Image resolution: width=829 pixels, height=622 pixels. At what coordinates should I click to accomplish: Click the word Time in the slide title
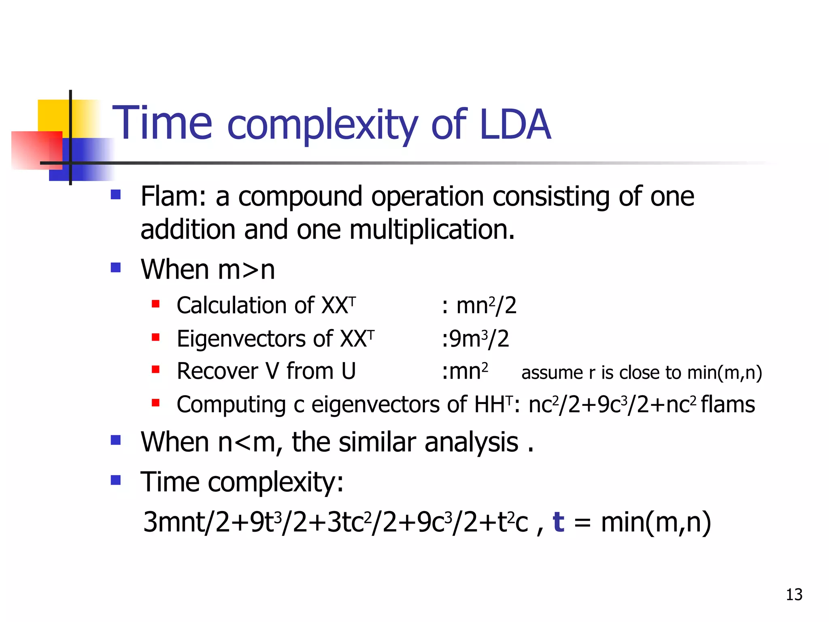pyautogui.click(x=162, y=123)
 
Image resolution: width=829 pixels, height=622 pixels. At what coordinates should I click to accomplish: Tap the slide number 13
pyautogui.click(x=794, y=594)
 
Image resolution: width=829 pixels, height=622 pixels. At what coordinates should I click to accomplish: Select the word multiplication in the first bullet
pyautogui.click(x=432, y=230)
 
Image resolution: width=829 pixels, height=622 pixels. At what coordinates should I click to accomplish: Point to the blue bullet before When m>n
pyautogui.click(x=116, y=268)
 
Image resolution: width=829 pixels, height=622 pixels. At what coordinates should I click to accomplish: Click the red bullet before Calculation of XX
pyautogui.click(x=155, y=304)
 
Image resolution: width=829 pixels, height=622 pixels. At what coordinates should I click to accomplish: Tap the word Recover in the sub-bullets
pyautogui.click(x=217, y=371)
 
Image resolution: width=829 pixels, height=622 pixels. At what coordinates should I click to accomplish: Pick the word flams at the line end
pyautogui.click(x=727, y=405)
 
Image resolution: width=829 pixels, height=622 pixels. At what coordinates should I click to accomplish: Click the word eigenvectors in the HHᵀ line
pyautogui.click(x=375, y=405)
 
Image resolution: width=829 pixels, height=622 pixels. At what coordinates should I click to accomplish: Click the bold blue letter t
pyautogui.click(x=558, y=522)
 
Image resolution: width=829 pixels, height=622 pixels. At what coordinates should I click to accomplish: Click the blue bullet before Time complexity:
pyautogui.click(x=116, y=480)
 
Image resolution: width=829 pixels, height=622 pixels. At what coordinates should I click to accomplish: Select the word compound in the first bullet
pyautogui.click(x=300, y=196)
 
